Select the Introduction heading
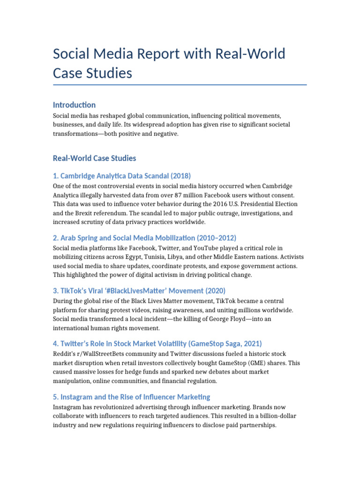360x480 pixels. pos(74,105)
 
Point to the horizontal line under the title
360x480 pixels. pos(180,85)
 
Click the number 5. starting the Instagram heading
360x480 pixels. pos(56,397)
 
